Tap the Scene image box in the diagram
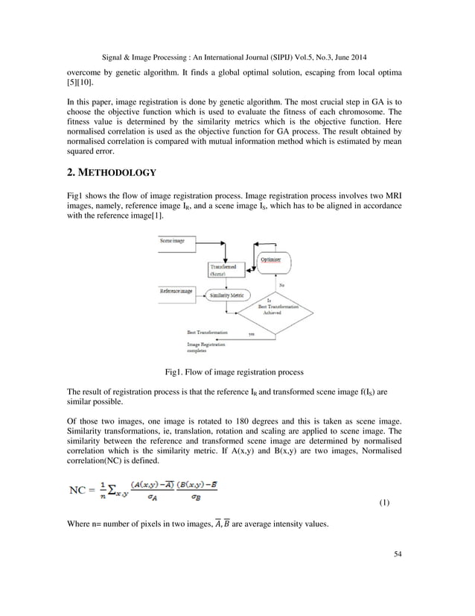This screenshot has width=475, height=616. [172, 242]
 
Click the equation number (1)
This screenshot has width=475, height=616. [384, 502]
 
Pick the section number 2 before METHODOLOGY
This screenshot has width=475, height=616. [71, 173]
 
